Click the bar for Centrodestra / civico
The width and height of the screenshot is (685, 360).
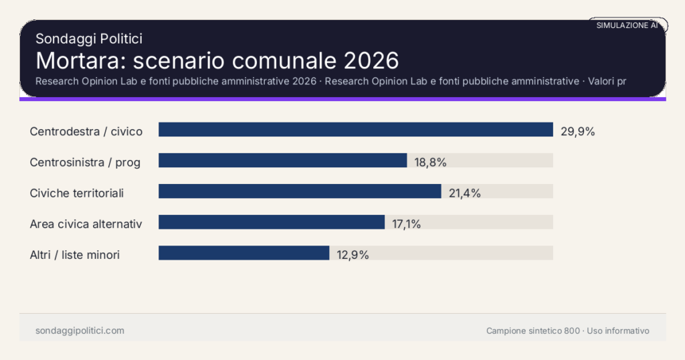click(355, 130)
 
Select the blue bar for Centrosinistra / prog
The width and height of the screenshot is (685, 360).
click(282, 161)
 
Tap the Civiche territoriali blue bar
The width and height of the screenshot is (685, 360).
click(300, 191)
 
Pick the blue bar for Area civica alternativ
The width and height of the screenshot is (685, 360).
click(271, 222)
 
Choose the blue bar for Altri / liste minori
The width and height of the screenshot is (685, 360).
click(243, 253)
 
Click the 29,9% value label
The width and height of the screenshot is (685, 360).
click(578, 131)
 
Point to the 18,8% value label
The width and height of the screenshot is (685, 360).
click(430, 162)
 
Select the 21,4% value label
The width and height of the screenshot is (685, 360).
click(465, 193)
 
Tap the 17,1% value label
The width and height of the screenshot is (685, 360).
click(407, 224)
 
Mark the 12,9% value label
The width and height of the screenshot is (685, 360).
click(353, 255)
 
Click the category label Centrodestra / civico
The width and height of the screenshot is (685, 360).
click(86, 131)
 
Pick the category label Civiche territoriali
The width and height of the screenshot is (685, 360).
click(77, 193)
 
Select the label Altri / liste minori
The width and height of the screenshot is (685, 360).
click(75, 255)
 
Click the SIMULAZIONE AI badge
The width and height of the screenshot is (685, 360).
click(627, 25)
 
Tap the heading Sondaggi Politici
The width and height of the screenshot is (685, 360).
click(89, 39)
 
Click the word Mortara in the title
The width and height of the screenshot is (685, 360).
click(80, 60)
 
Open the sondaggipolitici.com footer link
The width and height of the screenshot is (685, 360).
click(80, 331)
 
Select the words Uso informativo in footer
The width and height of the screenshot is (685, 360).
click(618, 331)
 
